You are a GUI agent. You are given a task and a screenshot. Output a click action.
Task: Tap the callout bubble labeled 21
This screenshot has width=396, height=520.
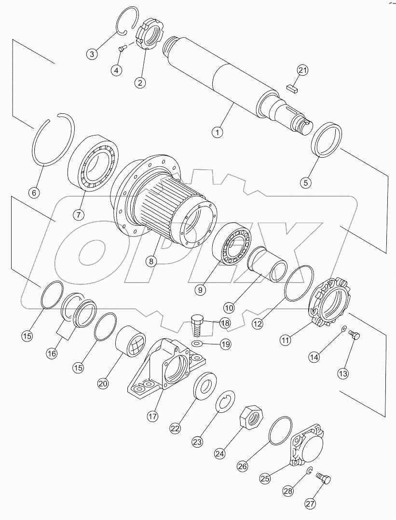pos(302,70)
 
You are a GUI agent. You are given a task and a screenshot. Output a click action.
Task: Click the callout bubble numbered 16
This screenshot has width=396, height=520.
pos(51,354)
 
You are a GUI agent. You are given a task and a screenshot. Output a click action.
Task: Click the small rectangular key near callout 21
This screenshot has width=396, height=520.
pos(292,87)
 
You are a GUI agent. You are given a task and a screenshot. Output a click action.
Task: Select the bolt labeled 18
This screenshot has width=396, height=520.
pos(197,326)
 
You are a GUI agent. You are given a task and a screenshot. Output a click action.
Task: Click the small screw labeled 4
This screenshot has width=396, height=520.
pos(122,47)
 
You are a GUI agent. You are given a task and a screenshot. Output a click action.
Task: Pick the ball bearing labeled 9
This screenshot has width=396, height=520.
pos(231,246)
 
